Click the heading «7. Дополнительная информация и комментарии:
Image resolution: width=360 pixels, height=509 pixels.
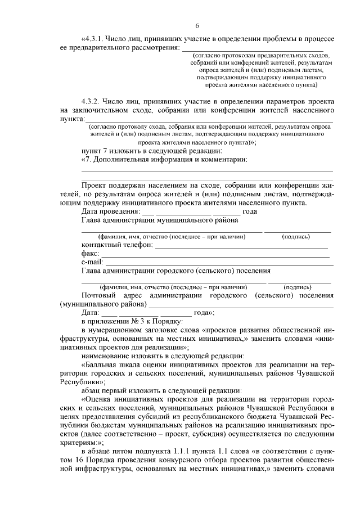[164, 160]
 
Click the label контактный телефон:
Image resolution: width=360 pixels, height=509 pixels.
[117, 245]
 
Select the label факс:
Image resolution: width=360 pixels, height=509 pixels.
[90, 254]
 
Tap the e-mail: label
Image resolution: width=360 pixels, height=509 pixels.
[92, 262]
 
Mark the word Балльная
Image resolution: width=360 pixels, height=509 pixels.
[101, 364]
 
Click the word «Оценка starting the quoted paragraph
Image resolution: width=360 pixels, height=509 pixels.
[99, 399]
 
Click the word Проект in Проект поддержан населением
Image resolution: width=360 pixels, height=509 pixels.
[96, 185]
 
